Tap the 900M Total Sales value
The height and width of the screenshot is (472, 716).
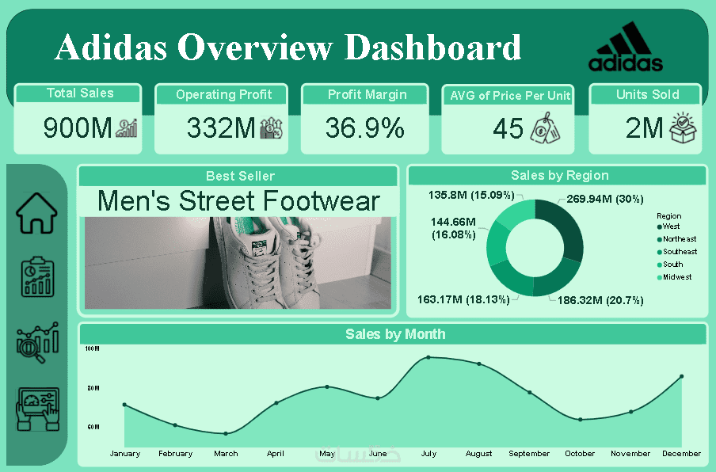click(78, 128)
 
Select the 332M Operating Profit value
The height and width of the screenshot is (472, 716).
click(221, 128)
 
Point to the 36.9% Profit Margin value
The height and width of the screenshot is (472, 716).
click(365, 128)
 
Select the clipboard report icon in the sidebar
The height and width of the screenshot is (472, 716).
click(36, 276)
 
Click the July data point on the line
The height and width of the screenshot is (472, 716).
click(428, 357)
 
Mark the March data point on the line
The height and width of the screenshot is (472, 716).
click(226, 433)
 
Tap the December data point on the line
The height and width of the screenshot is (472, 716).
click(681, 376)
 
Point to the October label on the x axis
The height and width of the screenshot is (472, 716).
click(580, 454)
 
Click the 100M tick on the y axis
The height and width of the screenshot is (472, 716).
click(91, 348)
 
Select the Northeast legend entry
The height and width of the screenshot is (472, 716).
click(680, 239)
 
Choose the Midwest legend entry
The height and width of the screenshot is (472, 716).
click(677, 277)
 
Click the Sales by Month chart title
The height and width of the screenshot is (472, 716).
click(395, 334)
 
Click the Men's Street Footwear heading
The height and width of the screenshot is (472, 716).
click(238, 201)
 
